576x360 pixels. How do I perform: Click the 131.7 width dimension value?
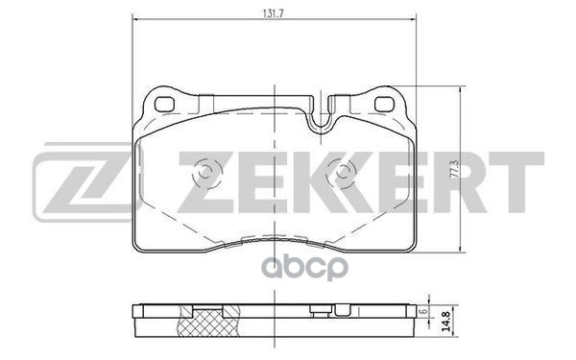(x=275, y=12)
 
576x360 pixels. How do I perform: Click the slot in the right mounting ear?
(x=388, y=105)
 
